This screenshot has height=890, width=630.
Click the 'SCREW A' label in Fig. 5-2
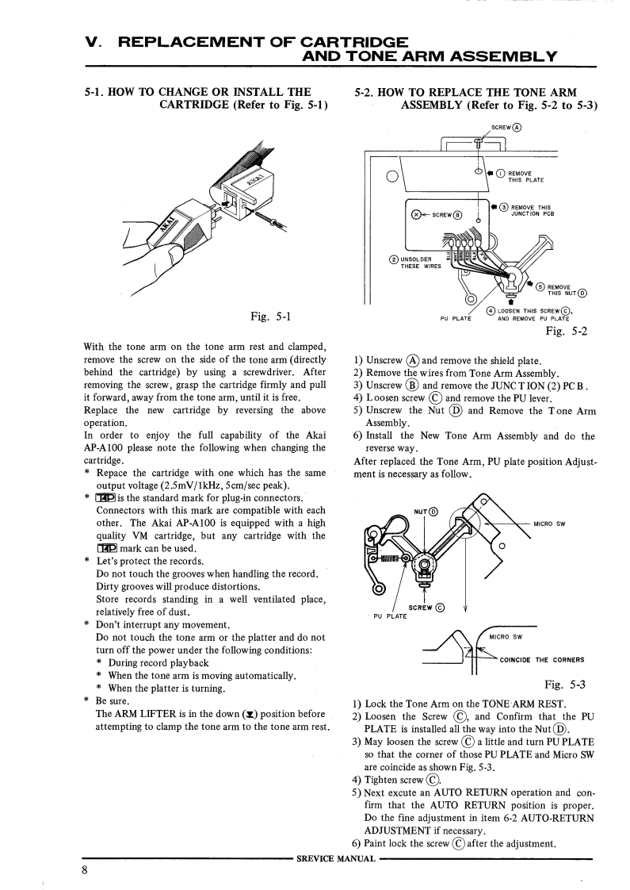click(x=506, y=126)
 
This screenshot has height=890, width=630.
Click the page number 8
click(x=83, y=870)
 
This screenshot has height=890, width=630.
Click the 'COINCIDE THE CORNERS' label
click(x=542, y=660)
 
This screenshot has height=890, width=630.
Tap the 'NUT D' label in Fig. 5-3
click(x=426, y=511)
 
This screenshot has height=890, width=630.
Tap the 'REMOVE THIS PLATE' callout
click(x=525, y=176)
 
